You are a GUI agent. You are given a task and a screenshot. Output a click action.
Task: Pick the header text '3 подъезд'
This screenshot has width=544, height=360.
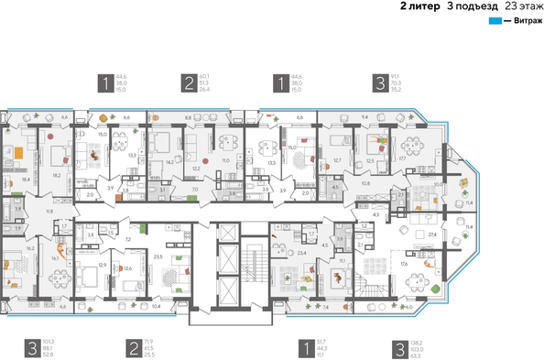pos(467,5)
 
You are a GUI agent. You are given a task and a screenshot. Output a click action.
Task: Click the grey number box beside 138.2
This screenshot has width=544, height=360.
pos(400,347)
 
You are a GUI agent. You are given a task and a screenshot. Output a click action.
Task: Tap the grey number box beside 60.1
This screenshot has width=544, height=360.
pos(190,83)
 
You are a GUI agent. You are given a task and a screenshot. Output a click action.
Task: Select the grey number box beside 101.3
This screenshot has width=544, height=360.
pos(31,347)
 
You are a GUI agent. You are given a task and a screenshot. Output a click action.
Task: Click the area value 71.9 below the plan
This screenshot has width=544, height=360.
pos(149,341)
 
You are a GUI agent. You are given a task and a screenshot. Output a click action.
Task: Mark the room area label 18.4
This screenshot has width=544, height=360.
pos(26,180)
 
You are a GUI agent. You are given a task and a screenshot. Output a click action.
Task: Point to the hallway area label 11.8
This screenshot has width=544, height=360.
pos(49,212)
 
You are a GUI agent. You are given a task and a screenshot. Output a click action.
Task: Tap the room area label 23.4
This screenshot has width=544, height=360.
pos(301,253)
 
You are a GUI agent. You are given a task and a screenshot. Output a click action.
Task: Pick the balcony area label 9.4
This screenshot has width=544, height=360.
pos(364,118)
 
